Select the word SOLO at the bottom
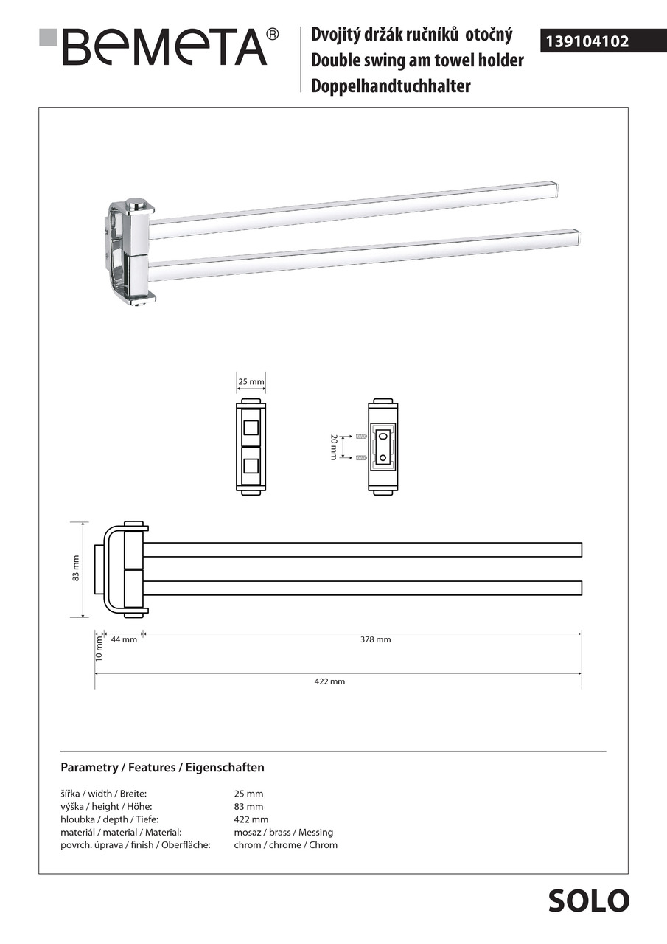[588, 901]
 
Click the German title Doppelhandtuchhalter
[391, 86]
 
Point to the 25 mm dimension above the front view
[251, 382]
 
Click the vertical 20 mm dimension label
[333, 448]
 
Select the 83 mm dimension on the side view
[75, 569]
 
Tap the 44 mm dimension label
[124, 640]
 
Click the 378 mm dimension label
[375, 640]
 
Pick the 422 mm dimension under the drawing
[329, 682]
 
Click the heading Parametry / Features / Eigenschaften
[162, 768]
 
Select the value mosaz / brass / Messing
[283, 833]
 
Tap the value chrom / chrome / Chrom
[285, 845]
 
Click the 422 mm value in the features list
[251, 819]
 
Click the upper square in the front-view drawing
[251, 428]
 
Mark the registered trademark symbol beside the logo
[272, 34]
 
